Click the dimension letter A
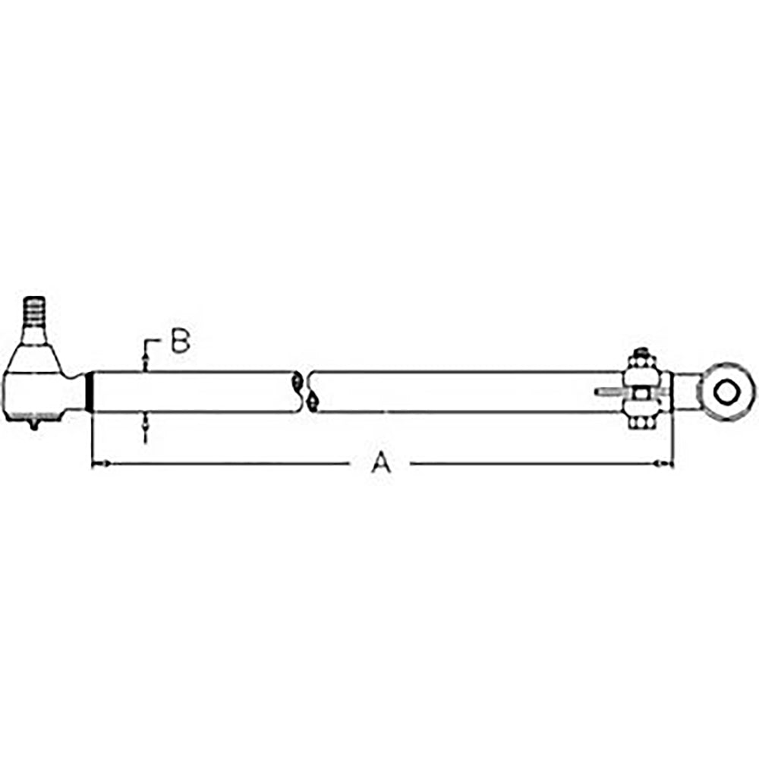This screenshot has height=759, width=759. (x=381, y=462)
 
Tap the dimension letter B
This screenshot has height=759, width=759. (x=181, y=341)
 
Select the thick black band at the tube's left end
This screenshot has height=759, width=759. (x=89, y=392)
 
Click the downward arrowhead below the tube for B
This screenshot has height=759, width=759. (x=145, y=424)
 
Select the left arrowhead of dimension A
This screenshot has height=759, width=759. (x=100, y=464)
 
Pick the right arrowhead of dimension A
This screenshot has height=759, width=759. (x=663, y=464)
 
